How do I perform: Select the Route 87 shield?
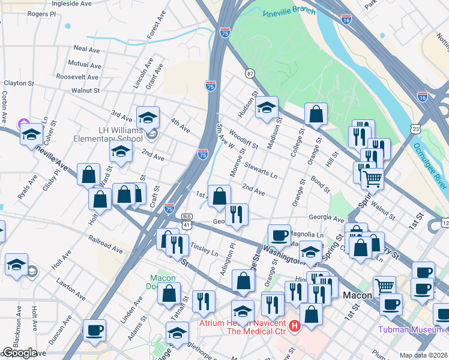coord(249,73)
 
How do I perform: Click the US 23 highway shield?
coord(416,129)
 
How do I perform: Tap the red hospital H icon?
coord(294,327)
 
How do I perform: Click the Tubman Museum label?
coord(412,329)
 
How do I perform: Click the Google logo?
coord(20,353)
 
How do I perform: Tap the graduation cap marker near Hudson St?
coord(267,108)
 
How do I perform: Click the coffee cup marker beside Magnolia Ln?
coord(279,235)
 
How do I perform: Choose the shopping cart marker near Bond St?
coord(373,178)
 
